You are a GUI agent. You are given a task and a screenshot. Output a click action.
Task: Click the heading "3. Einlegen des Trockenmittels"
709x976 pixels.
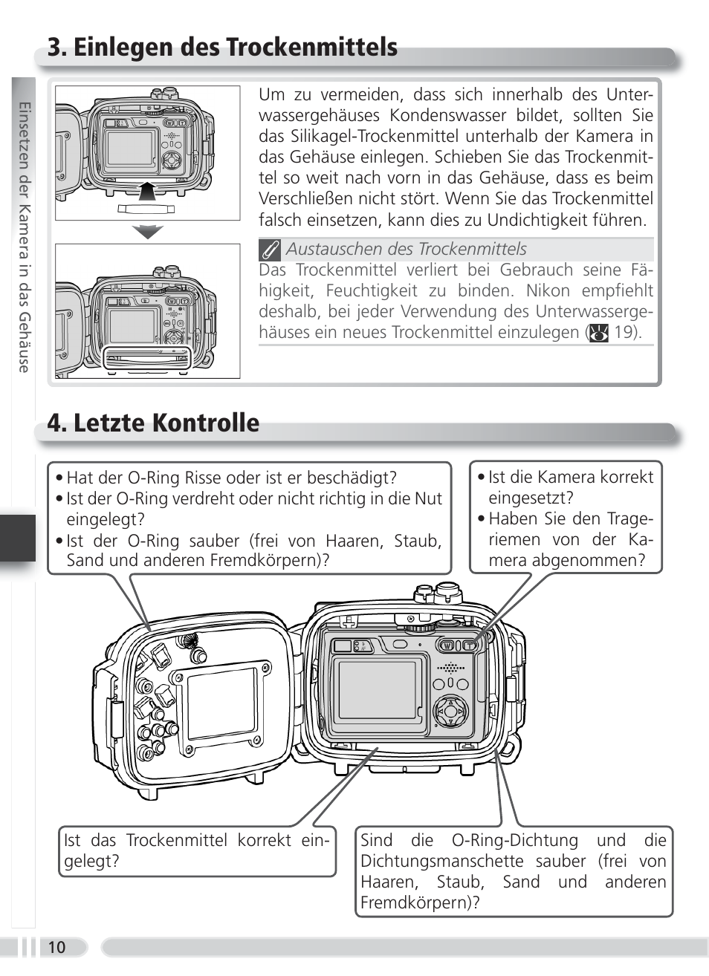(x=222, y=48)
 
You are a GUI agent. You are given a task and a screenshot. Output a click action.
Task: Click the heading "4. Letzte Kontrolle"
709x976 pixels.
(x=153, y=423)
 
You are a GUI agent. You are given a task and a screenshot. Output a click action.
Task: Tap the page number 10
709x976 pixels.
(x=56, y=947)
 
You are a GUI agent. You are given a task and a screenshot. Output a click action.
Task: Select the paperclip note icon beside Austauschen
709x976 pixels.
(x=270, y=250)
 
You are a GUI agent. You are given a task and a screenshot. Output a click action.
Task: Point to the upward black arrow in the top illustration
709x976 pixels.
(x=149, y=192)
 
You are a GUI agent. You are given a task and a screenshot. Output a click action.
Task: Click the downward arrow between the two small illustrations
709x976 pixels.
(x=148, y=232)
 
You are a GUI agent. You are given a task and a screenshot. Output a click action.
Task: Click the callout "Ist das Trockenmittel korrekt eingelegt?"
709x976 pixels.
(x=197, y=850)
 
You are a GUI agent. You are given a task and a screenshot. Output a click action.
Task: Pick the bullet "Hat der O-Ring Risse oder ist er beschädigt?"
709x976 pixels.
(x=231, y=478)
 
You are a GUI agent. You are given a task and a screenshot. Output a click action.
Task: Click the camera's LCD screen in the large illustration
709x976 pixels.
(x=378, y=690)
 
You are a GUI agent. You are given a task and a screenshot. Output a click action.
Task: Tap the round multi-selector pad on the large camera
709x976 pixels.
(x=450, y=712)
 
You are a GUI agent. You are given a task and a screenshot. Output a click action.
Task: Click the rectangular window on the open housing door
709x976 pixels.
(x=222, y=702)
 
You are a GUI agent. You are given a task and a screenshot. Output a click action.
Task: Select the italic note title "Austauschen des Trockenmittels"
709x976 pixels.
(x=406, y=249)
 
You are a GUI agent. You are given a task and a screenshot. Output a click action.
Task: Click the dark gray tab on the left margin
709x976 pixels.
(x=18, y=538)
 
